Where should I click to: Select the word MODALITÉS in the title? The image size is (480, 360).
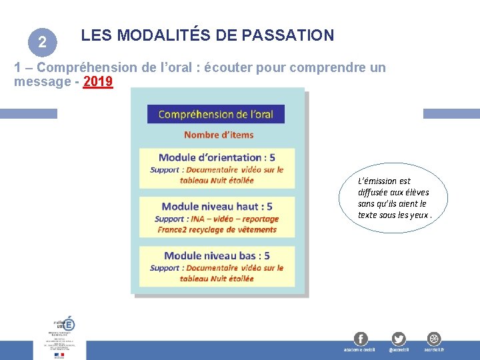163,35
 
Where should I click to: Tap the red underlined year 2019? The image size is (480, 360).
98,82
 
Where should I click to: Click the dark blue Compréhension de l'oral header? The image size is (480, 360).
215,114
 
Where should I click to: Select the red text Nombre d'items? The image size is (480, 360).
219,135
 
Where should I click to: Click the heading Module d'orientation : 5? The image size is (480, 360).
217,157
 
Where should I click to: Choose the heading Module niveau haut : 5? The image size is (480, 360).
217,206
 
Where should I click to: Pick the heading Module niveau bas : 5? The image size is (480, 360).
217,255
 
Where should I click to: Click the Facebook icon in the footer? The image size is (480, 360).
361,339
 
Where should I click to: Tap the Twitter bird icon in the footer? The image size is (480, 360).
399,339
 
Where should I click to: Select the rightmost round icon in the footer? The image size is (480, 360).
434,339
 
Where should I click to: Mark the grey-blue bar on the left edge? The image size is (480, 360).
28,114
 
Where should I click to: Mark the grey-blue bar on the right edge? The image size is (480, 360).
451,114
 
